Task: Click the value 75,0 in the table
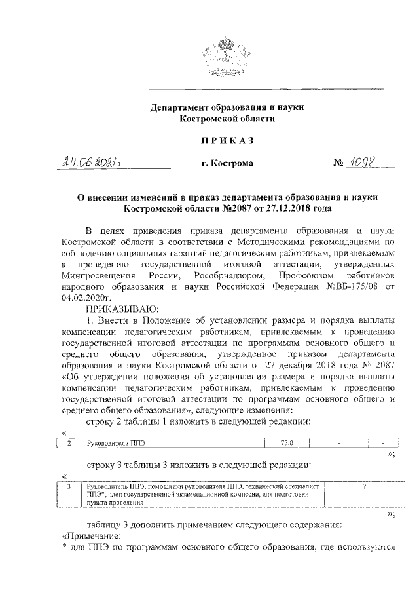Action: (x=288, y=444)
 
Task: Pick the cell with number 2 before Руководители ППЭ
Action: (x=69, y=444)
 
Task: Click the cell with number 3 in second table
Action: (x=69, y=488)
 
